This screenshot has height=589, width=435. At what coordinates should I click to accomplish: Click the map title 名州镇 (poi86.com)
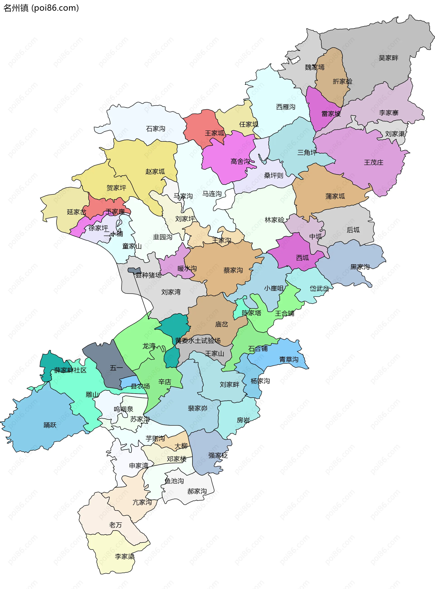pyautogui.click(x=41, y=8)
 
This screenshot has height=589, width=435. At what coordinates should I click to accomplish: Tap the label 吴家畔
pyautogui.click(x=388, y=58)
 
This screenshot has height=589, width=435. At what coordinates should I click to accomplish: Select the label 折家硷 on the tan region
pyautogui.click(x=342, y=81)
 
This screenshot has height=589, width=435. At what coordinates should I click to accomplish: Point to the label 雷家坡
pyautogui.click(x=331, y=114)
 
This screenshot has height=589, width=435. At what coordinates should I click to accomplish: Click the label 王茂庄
pyautogui.click(x=373, y=162)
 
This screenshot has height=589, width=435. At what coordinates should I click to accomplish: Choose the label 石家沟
pyautogui.click(x=155, y=129)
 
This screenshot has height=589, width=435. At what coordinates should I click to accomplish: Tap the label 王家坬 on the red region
pyautogui.click(x=215, y=133)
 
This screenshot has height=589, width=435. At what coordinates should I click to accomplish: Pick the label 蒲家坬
pyautogui.click(x=335, y=196)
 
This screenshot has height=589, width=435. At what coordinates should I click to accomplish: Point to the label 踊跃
pyautogui.click(x=50, y=425)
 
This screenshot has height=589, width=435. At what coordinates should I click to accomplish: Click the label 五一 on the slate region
pyautogui.click(x=116, y=368)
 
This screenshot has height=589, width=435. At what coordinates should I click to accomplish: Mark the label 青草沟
pyautogui.click(x=289, y=360)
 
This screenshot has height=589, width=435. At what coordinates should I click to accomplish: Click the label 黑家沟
pyautogui.click(x=360, y=267)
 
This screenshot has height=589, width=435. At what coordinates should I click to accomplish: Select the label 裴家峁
pyautogui.click(x=197, y=408)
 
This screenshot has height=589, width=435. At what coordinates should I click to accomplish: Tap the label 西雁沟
pyautogui.click(x=285, y=107)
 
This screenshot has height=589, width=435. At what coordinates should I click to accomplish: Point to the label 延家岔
pyautogui.click(x=76, y=212)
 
